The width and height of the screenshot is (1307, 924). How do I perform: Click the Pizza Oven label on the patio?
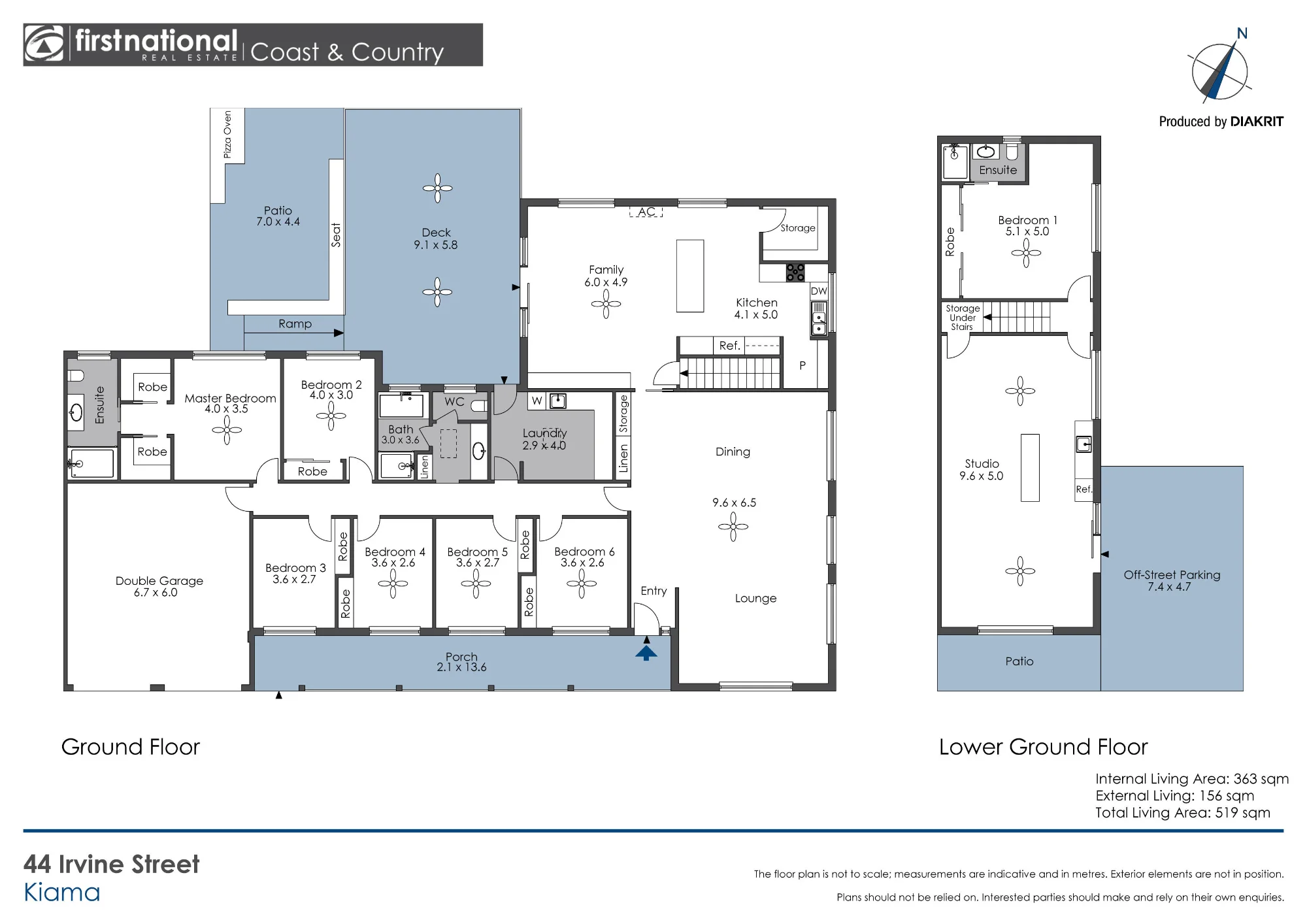click(x=227, y=134)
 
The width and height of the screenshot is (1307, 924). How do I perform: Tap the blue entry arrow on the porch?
click(x=646, y=652)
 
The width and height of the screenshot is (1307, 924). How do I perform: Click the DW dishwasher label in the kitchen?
click(x=819, y=291)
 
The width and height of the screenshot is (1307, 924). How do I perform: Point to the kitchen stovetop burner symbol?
click(x=795, y=272)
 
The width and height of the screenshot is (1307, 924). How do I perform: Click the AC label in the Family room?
click(x=646, y=212)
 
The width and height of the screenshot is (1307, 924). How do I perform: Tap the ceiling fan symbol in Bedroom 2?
click(x=331, y=416)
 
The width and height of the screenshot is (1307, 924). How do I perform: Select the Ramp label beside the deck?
click(x=295, y=323)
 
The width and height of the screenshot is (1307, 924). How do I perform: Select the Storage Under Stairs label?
click(x=963, y=318)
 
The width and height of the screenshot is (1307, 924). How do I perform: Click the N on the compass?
click(x=1242, y=33)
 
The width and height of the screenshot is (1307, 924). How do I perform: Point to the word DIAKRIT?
click(x=1257, y=122)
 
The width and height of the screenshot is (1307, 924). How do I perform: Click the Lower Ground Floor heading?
click(x=1043, y=747)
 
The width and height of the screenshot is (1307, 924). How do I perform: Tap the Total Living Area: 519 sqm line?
click(x=1183, y=812)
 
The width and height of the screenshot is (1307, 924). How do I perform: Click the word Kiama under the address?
click(x=62, y=893)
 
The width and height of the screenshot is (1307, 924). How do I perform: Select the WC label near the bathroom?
click(x=454, y=402)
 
